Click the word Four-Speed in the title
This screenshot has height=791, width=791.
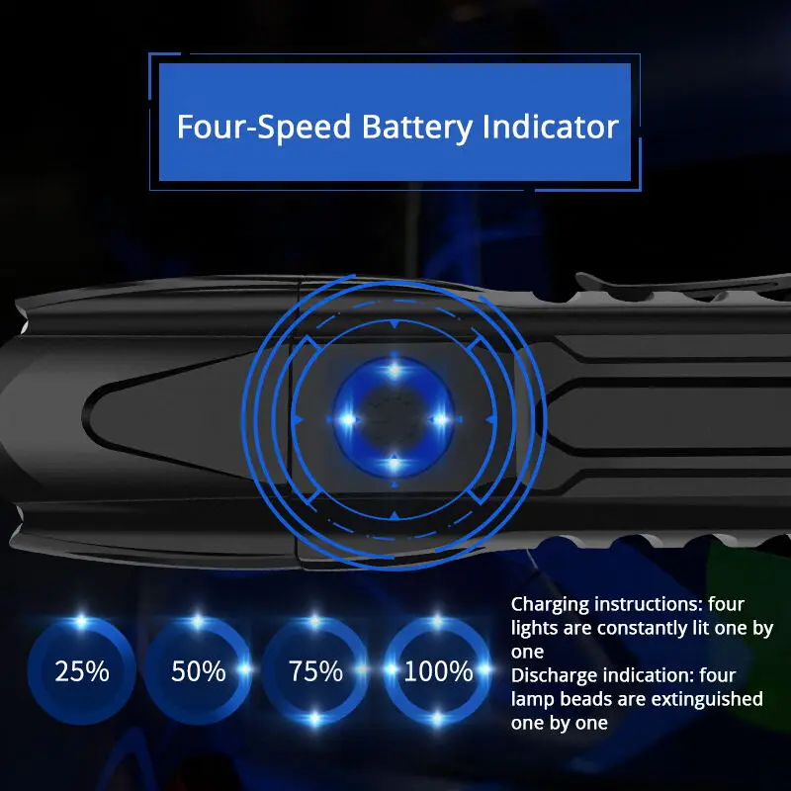click(x=264, y=127)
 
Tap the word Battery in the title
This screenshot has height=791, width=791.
click(x=416, y=128)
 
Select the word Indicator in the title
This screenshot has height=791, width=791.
click(x=551, y=127)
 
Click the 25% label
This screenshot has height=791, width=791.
click(x=82, y=671)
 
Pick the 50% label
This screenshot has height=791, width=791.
click(x=199, y=671)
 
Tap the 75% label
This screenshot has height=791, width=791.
click(x=315, y=671)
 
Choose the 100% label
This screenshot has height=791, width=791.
click(x=438, y=671)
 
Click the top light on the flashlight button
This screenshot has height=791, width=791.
click(x=395, y=371)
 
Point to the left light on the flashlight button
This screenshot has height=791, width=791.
click(x=348, y=419)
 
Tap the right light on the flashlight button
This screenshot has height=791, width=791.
click(x=441, y=419)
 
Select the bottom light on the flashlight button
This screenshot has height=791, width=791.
click(x=395, y=463)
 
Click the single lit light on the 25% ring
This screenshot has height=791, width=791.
click(x=81, y=622)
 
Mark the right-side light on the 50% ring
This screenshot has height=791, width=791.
click(x=244, y=669)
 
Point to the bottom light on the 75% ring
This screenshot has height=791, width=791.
click(x=315, y=719)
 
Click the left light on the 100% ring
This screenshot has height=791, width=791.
click(x=391, y=669)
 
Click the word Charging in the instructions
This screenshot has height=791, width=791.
click(x=550, y=605)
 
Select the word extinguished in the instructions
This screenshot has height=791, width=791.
click(x=707, y=699)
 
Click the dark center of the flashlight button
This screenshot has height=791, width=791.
click(x=395, y=417)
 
